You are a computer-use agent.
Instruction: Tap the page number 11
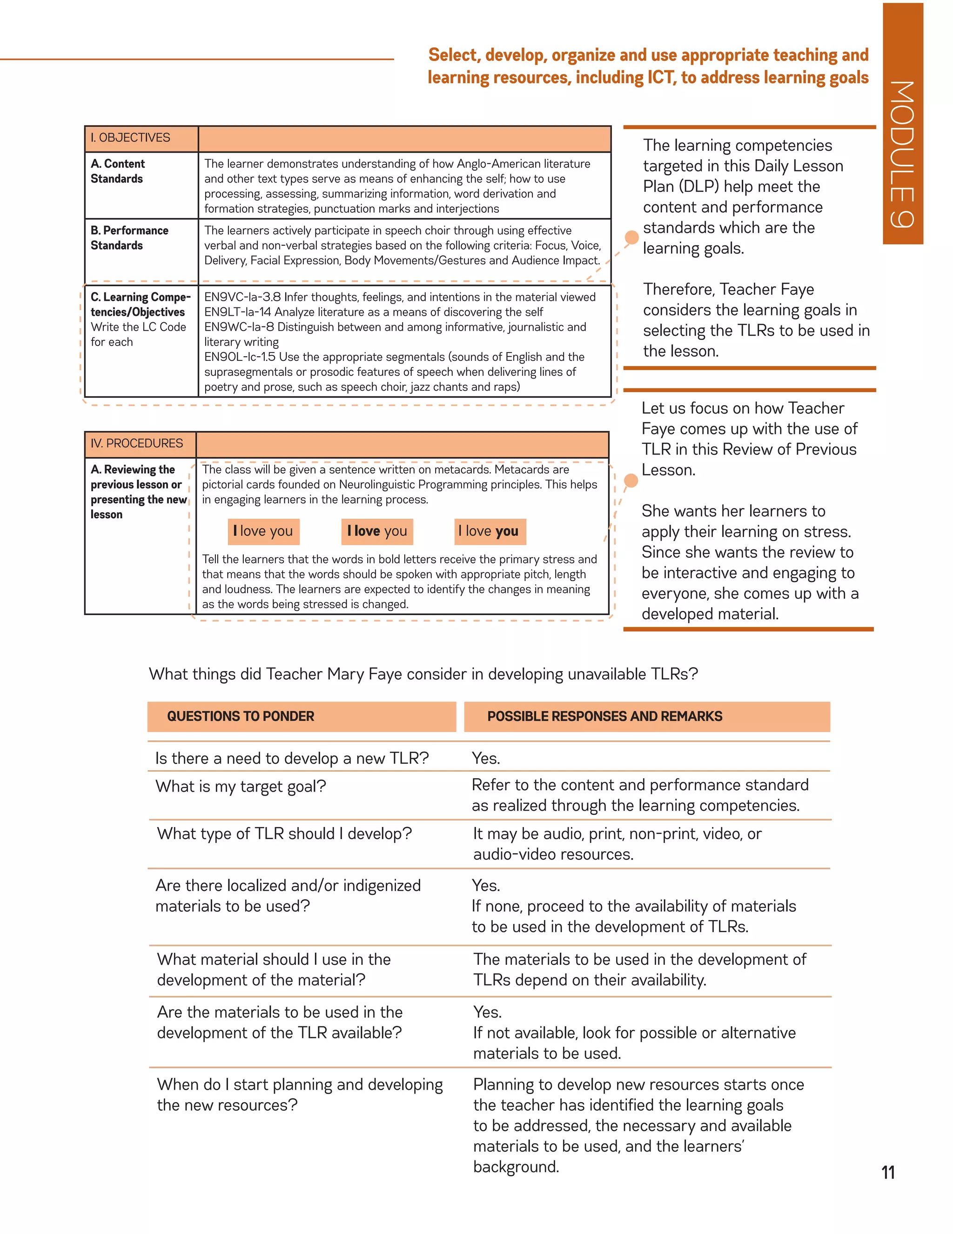(888, 1173)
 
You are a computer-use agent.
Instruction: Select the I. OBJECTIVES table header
(130, 138)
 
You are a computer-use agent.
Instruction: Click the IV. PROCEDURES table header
(137, 443)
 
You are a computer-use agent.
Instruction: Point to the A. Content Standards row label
(118, 171)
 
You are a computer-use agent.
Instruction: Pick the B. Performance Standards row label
(129, 238)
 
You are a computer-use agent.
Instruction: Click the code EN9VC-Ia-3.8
(242, 297)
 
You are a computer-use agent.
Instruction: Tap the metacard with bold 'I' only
(263, 531)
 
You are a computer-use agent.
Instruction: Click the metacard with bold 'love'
(376, 531)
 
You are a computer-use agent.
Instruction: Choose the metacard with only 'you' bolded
(489, 531)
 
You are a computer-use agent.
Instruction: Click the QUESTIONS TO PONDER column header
(241, 717)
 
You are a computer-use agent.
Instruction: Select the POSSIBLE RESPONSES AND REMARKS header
(604, 717)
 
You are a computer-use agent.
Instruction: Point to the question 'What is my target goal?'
(241, 787)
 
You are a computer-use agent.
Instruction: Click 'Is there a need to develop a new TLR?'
(292, 758)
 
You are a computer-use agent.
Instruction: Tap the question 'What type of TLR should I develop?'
(284, 834)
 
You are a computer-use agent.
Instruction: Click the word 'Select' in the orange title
(453, 55)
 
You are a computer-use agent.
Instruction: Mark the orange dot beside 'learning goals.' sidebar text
(631, 237)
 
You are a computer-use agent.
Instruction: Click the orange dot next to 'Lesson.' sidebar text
(631, 481)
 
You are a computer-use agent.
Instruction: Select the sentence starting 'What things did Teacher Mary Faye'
(423, 674)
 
